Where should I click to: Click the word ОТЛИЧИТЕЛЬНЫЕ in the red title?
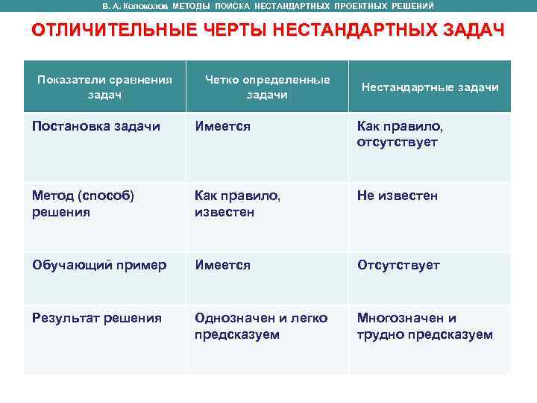[x=101, y=31]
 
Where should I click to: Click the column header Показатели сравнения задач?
[x=105, y=87]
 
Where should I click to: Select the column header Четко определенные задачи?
[x=267, y=87]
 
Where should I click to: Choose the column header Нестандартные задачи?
[x=430, y=87]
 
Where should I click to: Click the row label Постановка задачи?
[x=96, y=126]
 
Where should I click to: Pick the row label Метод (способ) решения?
[x=83, y=204]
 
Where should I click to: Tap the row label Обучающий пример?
[x=99, y=265]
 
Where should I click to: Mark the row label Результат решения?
[x=97, y=318]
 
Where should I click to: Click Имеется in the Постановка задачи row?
[x=222, y=126]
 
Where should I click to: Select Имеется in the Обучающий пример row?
[x=222, y=265]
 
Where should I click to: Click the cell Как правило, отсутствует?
[x=398, y=134]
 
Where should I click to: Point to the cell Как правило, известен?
[x=237, y=204]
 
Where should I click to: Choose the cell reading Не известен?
[x=398, y=196]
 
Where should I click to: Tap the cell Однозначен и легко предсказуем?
[x=261, y=326]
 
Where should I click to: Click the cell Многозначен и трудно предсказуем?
[x=424, y=326]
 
